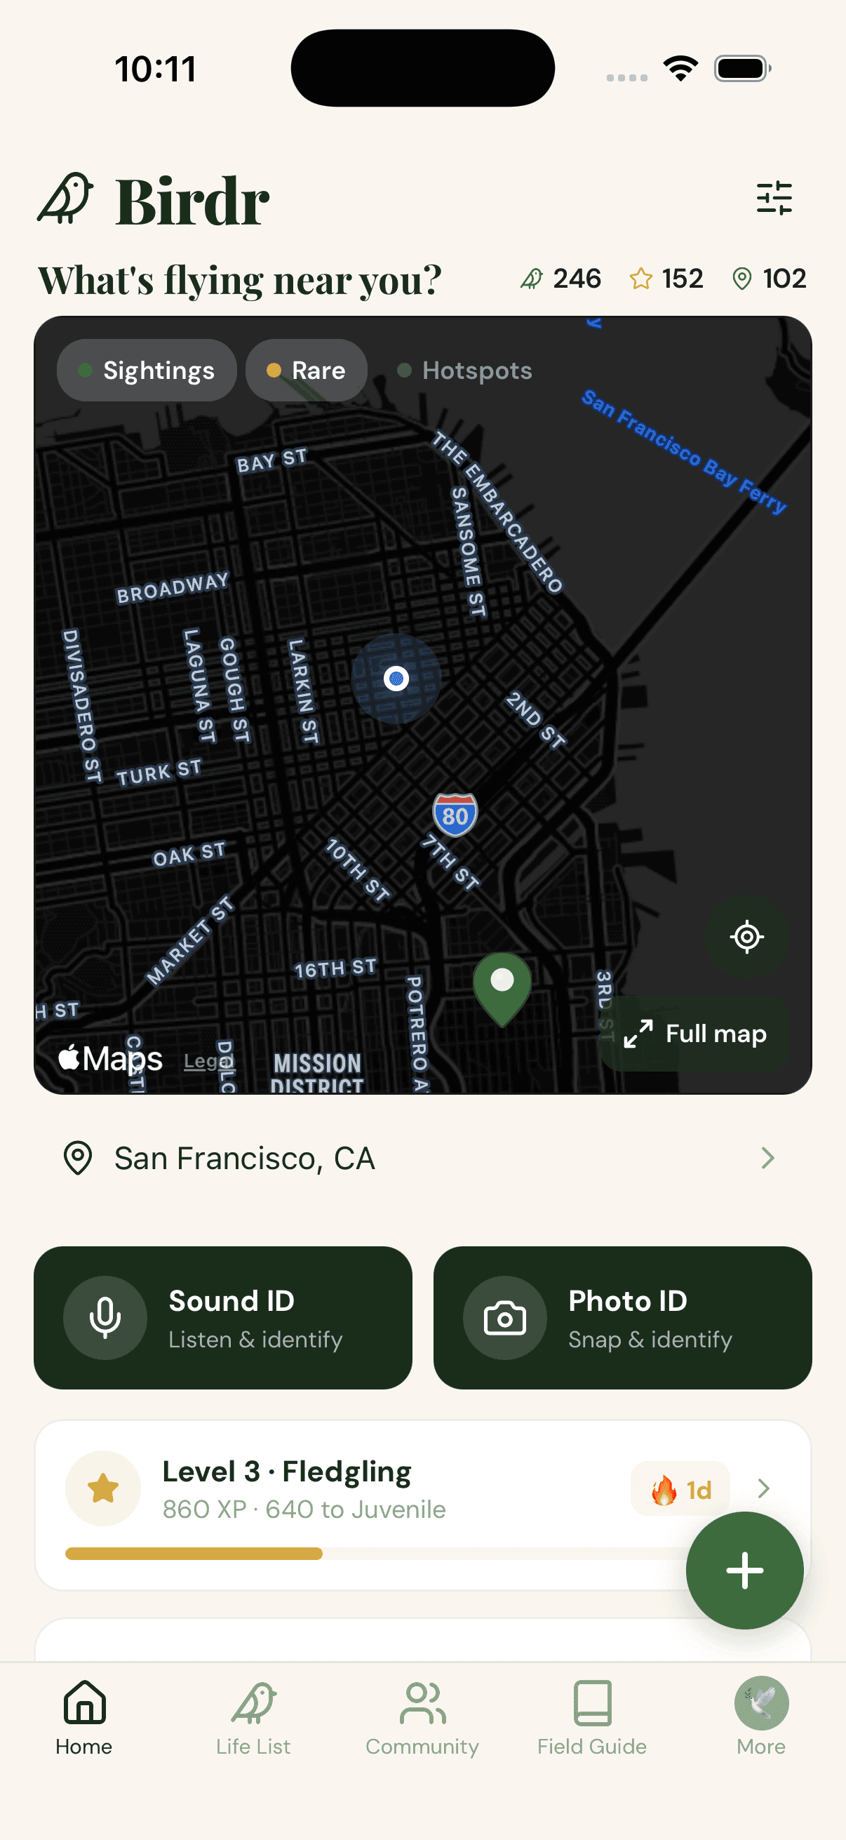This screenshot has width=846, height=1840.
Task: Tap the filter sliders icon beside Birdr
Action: coord(774,198)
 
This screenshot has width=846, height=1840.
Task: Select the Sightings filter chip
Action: coord(147,370)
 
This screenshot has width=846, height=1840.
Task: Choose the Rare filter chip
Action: coord(307,370)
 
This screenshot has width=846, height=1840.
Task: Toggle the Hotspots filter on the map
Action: coord(465,370)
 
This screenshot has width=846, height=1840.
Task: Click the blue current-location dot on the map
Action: coord(396,678)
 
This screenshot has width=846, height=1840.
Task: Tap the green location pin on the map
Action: coord(502,986)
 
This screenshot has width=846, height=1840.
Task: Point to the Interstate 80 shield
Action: coord(455,814)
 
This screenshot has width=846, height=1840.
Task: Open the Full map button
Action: coord(694,1033)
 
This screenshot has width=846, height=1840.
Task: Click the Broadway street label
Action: coord(173,587)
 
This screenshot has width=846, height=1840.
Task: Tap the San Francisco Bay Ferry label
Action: coord(683,450)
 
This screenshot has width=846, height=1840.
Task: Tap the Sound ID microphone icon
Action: coord(105,1318)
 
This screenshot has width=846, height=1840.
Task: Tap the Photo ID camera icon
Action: coord(505,1318)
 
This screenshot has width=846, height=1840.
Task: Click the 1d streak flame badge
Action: coord(680,1489)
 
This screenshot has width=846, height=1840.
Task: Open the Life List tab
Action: coord(253,1716)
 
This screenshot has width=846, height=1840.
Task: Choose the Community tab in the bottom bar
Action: coord(422,1716)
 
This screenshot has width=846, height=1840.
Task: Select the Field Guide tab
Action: coord(592,1716)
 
